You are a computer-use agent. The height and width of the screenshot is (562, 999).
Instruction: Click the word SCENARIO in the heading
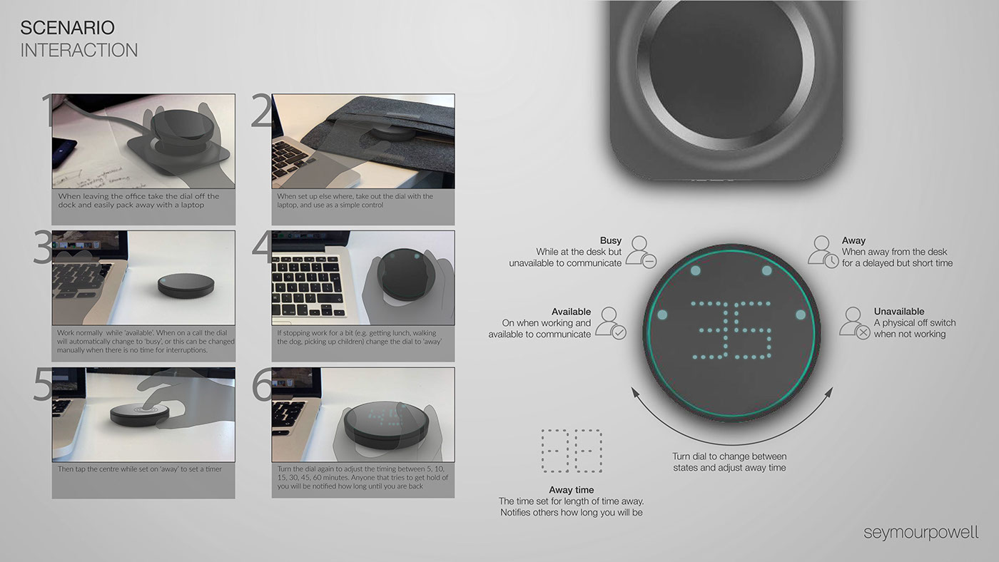coord(67,28)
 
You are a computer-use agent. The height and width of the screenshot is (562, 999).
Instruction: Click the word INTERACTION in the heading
coord(79,50)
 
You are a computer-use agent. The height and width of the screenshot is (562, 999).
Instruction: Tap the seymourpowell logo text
coord(921,532)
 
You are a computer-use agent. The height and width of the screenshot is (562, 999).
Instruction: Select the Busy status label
coord(610,241)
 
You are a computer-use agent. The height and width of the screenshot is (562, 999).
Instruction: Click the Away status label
coord(853,241)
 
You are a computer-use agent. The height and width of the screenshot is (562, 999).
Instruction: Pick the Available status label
coord(571,312)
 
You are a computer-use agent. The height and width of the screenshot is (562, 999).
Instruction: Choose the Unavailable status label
coord(898,312)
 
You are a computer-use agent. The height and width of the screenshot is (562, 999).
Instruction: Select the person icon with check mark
coord(611,322)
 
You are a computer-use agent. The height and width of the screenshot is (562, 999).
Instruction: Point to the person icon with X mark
coord(854,322)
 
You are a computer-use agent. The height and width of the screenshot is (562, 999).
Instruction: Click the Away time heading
coord(571,490)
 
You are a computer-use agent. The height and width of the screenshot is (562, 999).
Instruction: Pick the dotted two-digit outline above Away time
coord(572,451)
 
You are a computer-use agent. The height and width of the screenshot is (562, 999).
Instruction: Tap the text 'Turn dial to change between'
coord(729,456)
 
